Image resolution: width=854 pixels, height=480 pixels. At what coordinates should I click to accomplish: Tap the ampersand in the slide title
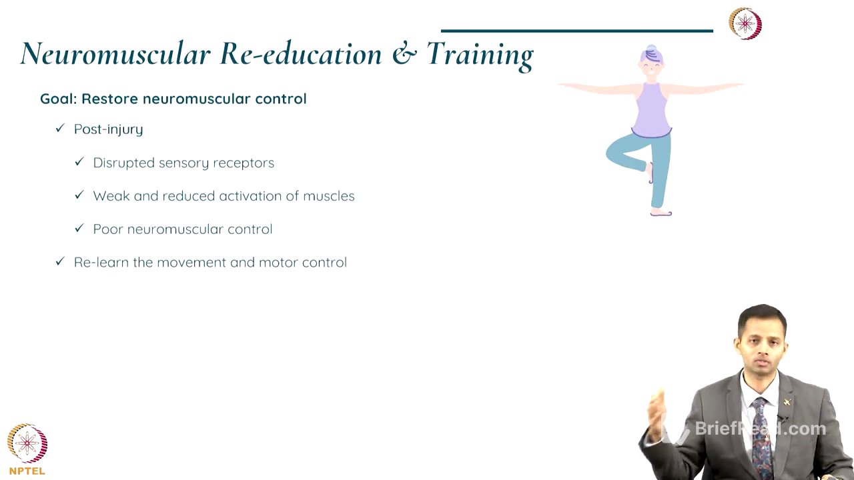(x=404, y=54)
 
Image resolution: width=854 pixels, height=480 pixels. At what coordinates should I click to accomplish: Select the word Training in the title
(x=480, y=54)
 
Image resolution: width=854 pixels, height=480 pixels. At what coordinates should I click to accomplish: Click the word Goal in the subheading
(x=58, y=99)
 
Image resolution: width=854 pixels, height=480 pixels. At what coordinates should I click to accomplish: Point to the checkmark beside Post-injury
(x=60, y=129)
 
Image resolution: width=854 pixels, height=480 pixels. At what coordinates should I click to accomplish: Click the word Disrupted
(x=123, y=163)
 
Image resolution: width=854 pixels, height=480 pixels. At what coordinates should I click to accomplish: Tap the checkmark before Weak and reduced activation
(x=79, y=195)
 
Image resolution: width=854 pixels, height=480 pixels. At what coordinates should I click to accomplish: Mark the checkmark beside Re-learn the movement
(x=60, y=262)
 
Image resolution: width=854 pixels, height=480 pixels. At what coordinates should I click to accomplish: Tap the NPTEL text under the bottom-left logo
(x=27, y=471)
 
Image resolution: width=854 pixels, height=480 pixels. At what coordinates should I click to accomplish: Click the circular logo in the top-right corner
(x=745, y=23)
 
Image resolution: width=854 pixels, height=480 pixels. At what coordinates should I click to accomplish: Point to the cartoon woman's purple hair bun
(x=651, y=51)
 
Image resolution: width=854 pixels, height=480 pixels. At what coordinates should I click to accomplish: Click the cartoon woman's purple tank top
(x=651, y=110)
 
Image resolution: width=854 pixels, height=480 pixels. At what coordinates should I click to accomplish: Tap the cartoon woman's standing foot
(x=661, y=213)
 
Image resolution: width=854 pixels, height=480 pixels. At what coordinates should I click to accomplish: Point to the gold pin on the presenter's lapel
(x=787, y=402)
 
